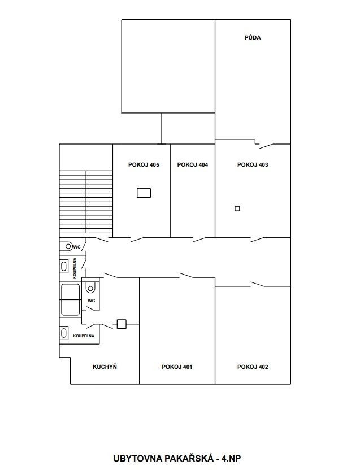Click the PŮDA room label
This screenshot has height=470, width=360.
click(253, 37)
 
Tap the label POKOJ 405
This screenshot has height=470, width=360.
click(144, 164)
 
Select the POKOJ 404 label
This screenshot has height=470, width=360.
click(193, 164)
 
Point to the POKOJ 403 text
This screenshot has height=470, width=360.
click(253, 164)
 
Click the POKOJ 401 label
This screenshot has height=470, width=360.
click(177, 367)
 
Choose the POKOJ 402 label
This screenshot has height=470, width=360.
click(253, 367)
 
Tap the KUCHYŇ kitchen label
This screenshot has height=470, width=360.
click(105, 367)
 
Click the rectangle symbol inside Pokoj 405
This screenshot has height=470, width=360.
click(144, 193)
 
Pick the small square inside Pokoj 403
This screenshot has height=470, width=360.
click(237, 208)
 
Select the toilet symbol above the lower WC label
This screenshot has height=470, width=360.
click(90, 288)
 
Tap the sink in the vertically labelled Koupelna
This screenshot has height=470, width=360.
click(64, 266)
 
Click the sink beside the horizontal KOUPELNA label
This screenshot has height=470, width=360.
click(64, 333)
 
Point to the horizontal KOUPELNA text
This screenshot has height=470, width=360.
click(84, 336)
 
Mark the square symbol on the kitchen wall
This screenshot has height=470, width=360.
click(122, 324)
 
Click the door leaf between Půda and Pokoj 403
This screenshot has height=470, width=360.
click(267, 146)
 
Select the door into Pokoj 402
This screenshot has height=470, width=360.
click(258, 284)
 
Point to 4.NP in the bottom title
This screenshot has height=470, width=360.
click(231, 459)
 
